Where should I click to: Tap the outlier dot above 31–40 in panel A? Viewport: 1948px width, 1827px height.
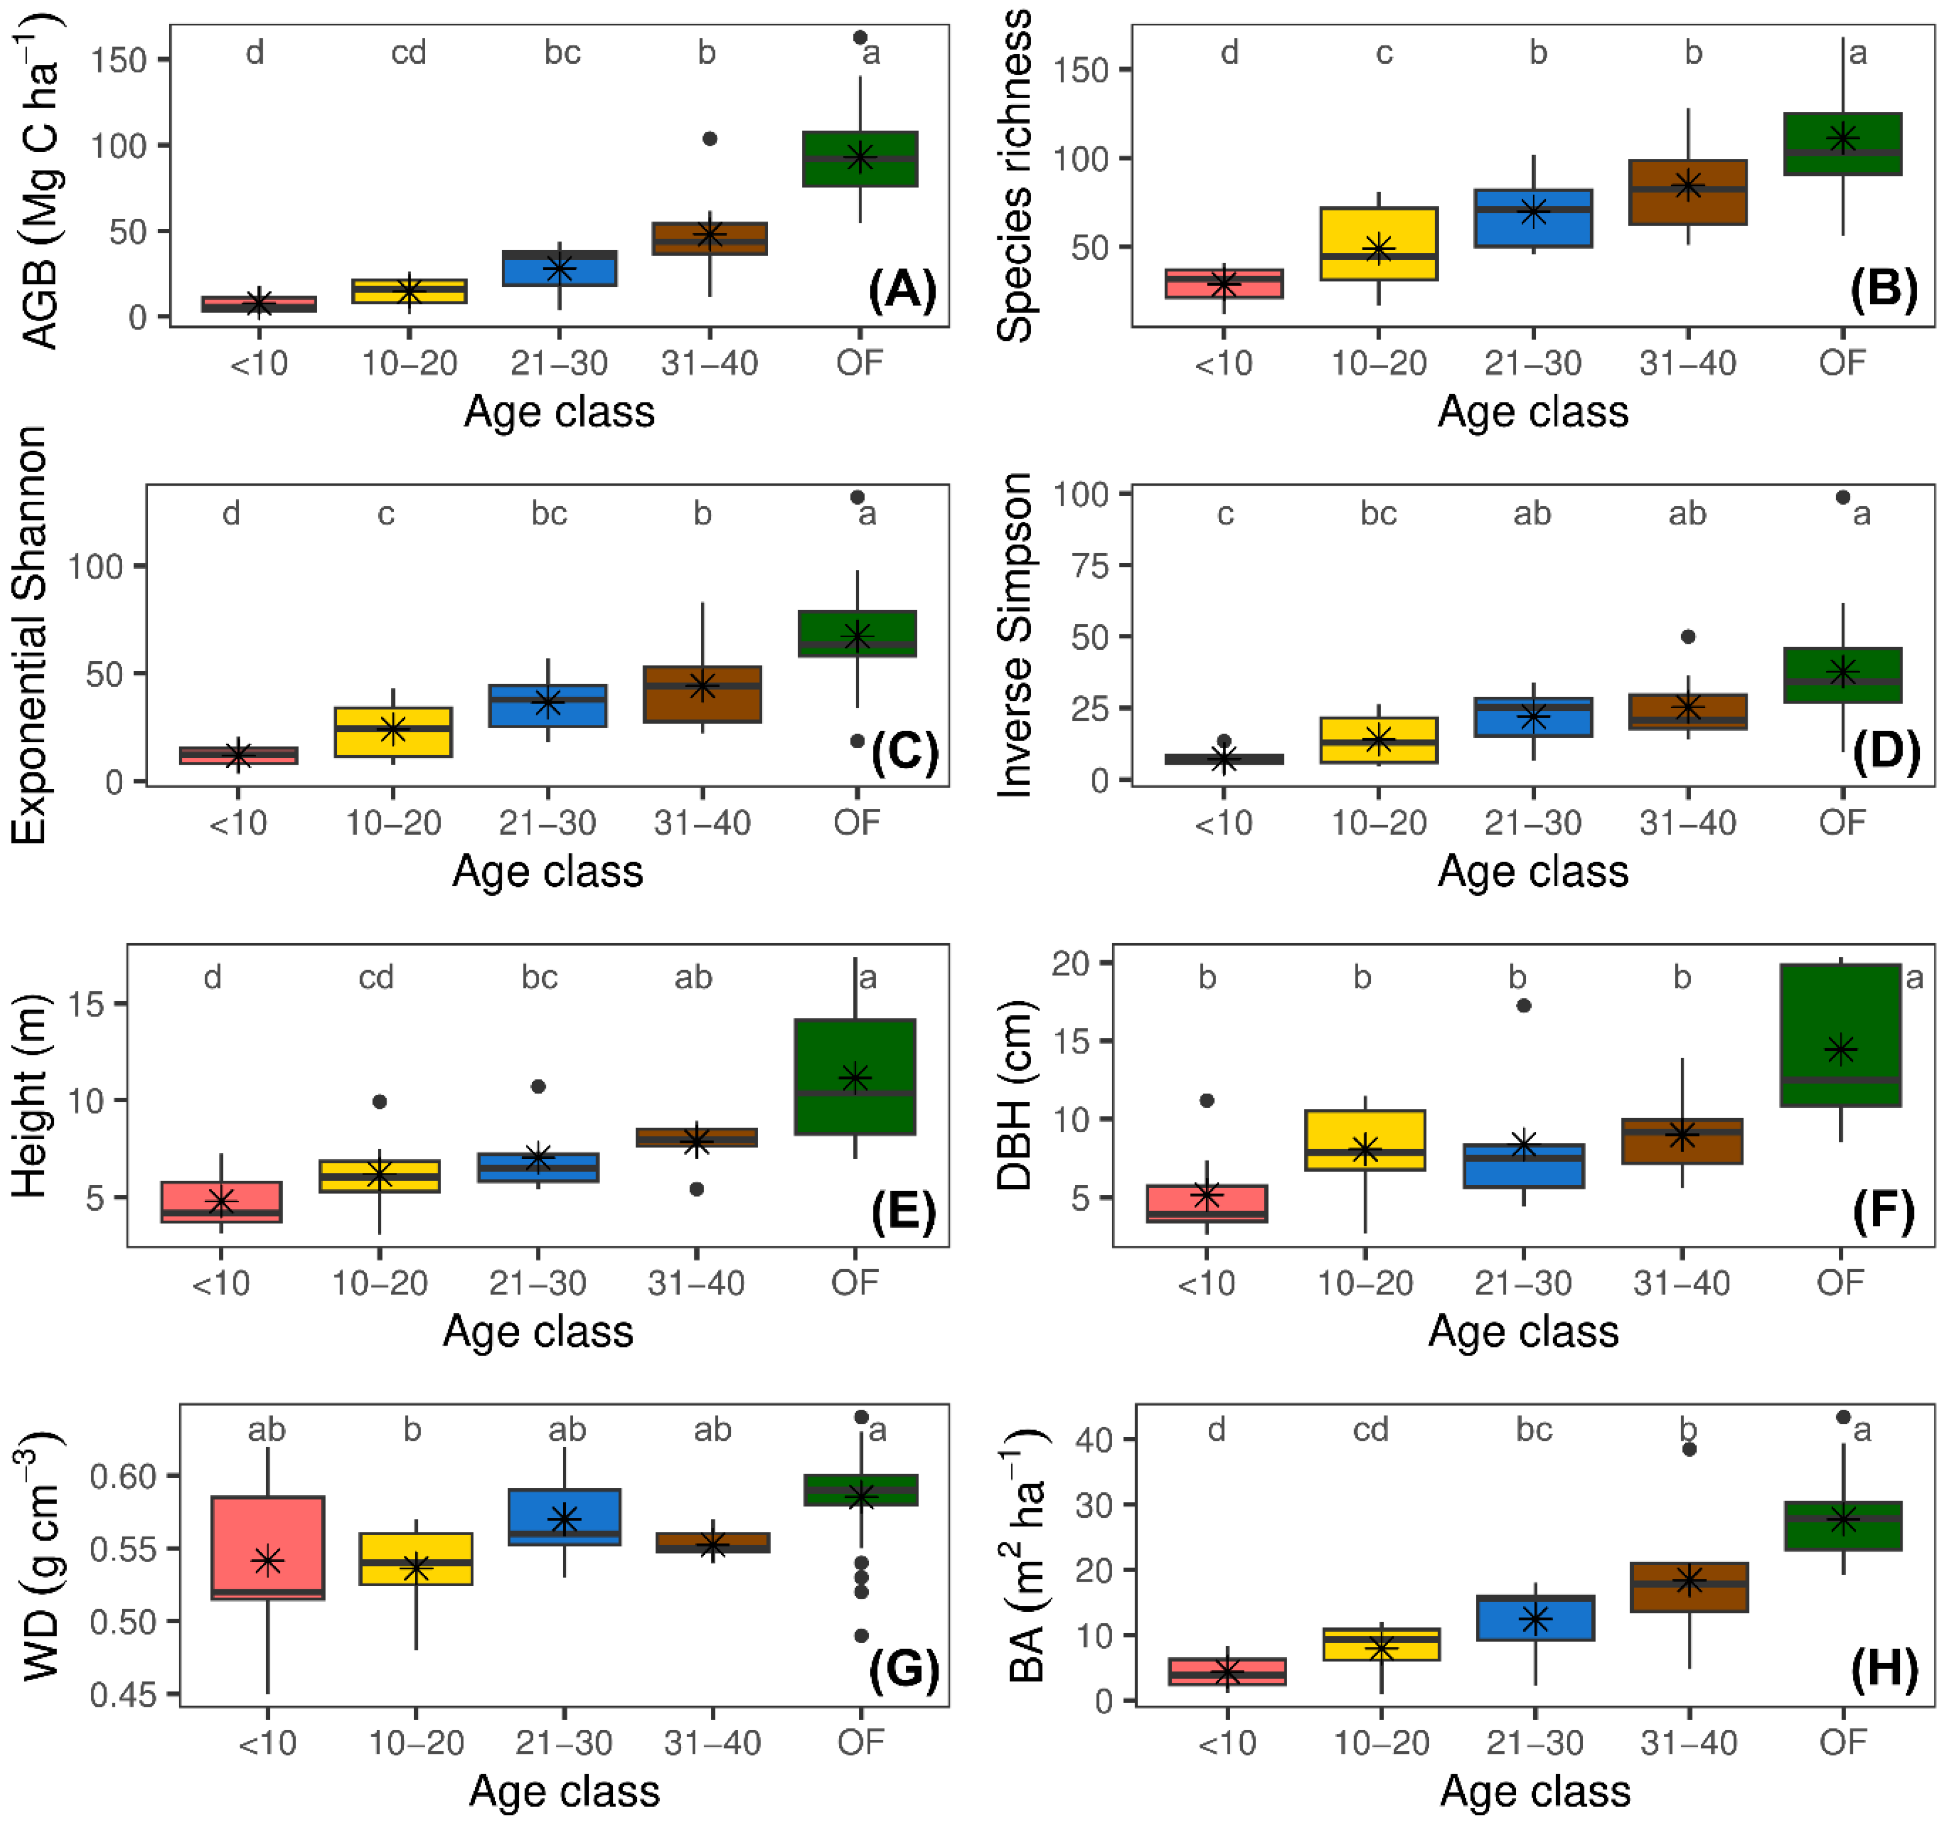coord(709,139)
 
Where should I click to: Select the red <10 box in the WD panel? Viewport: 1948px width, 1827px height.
coord(267,1548)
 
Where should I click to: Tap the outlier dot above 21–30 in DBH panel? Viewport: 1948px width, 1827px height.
coord(1523,1005)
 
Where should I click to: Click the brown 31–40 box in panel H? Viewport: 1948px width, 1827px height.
coord(1688,1587)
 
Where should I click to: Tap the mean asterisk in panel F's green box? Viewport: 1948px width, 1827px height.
coord(1840,1049)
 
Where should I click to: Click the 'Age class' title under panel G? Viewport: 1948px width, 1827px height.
coord(564,1791)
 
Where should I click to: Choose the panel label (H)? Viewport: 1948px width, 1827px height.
coord(1883,1668)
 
